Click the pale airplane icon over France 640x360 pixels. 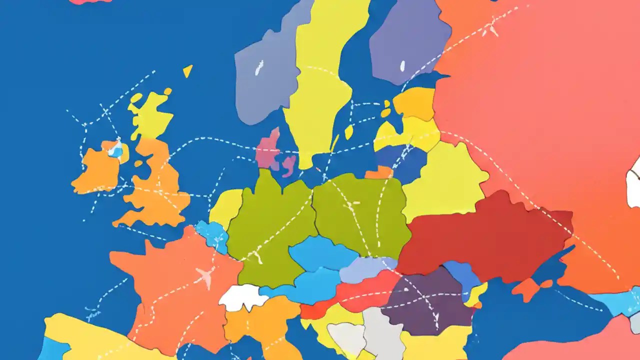205,275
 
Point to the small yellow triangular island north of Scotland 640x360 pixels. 187,71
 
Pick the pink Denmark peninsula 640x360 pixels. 269,149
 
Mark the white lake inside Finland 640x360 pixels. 402,65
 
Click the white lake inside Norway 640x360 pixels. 258,68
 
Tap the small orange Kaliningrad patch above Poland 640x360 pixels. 379,172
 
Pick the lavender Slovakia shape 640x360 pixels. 367,269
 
